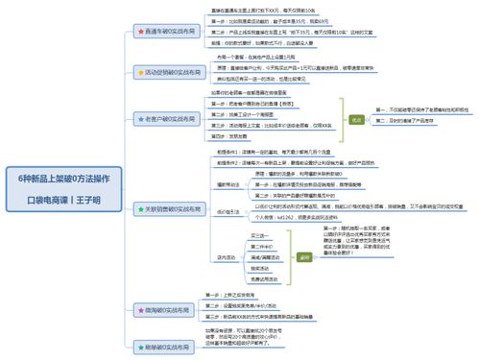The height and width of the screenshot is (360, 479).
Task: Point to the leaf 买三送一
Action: point(258,234)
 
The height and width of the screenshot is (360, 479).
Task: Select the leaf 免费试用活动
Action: point(264,279)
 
